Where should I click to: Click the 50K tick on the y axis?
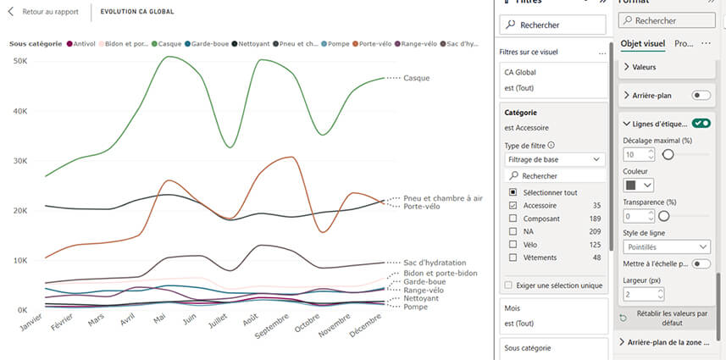[20, 61]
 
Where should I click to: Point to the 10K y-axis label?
[20, 260]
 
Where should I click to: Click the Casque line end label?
[416, 78]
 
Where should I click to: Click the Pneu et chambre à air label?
[442, 198]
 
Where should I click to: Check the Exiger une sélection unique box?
[508, 285]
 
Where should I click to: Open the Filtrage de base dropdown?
[554, 158]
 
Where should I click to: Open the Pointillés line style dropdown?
[666, 246]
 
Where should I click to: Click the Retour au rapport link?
[48, 13]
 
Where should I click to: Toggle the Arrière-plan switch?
[701, 96]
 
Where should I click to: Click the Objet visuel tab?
[643, 43]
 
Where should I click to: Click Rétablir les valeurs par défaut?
[666, 318]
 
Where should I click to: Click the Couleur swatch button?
[639, 184]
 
